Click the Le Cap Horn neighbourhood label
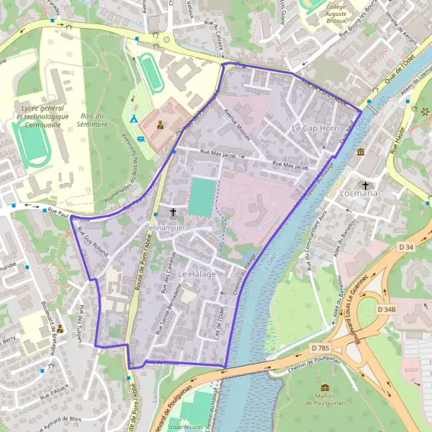tap(315, 127)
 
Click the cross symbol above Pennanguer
tap(173, 212)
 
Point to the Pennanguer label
tap(166, 228)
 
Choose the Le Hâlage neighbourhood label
tap(193, 274)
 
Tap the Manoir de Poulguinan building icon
tap(324, 387)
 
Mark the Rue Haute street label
tap(397, 141)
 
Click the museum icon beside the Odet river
tap(360, 151)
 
